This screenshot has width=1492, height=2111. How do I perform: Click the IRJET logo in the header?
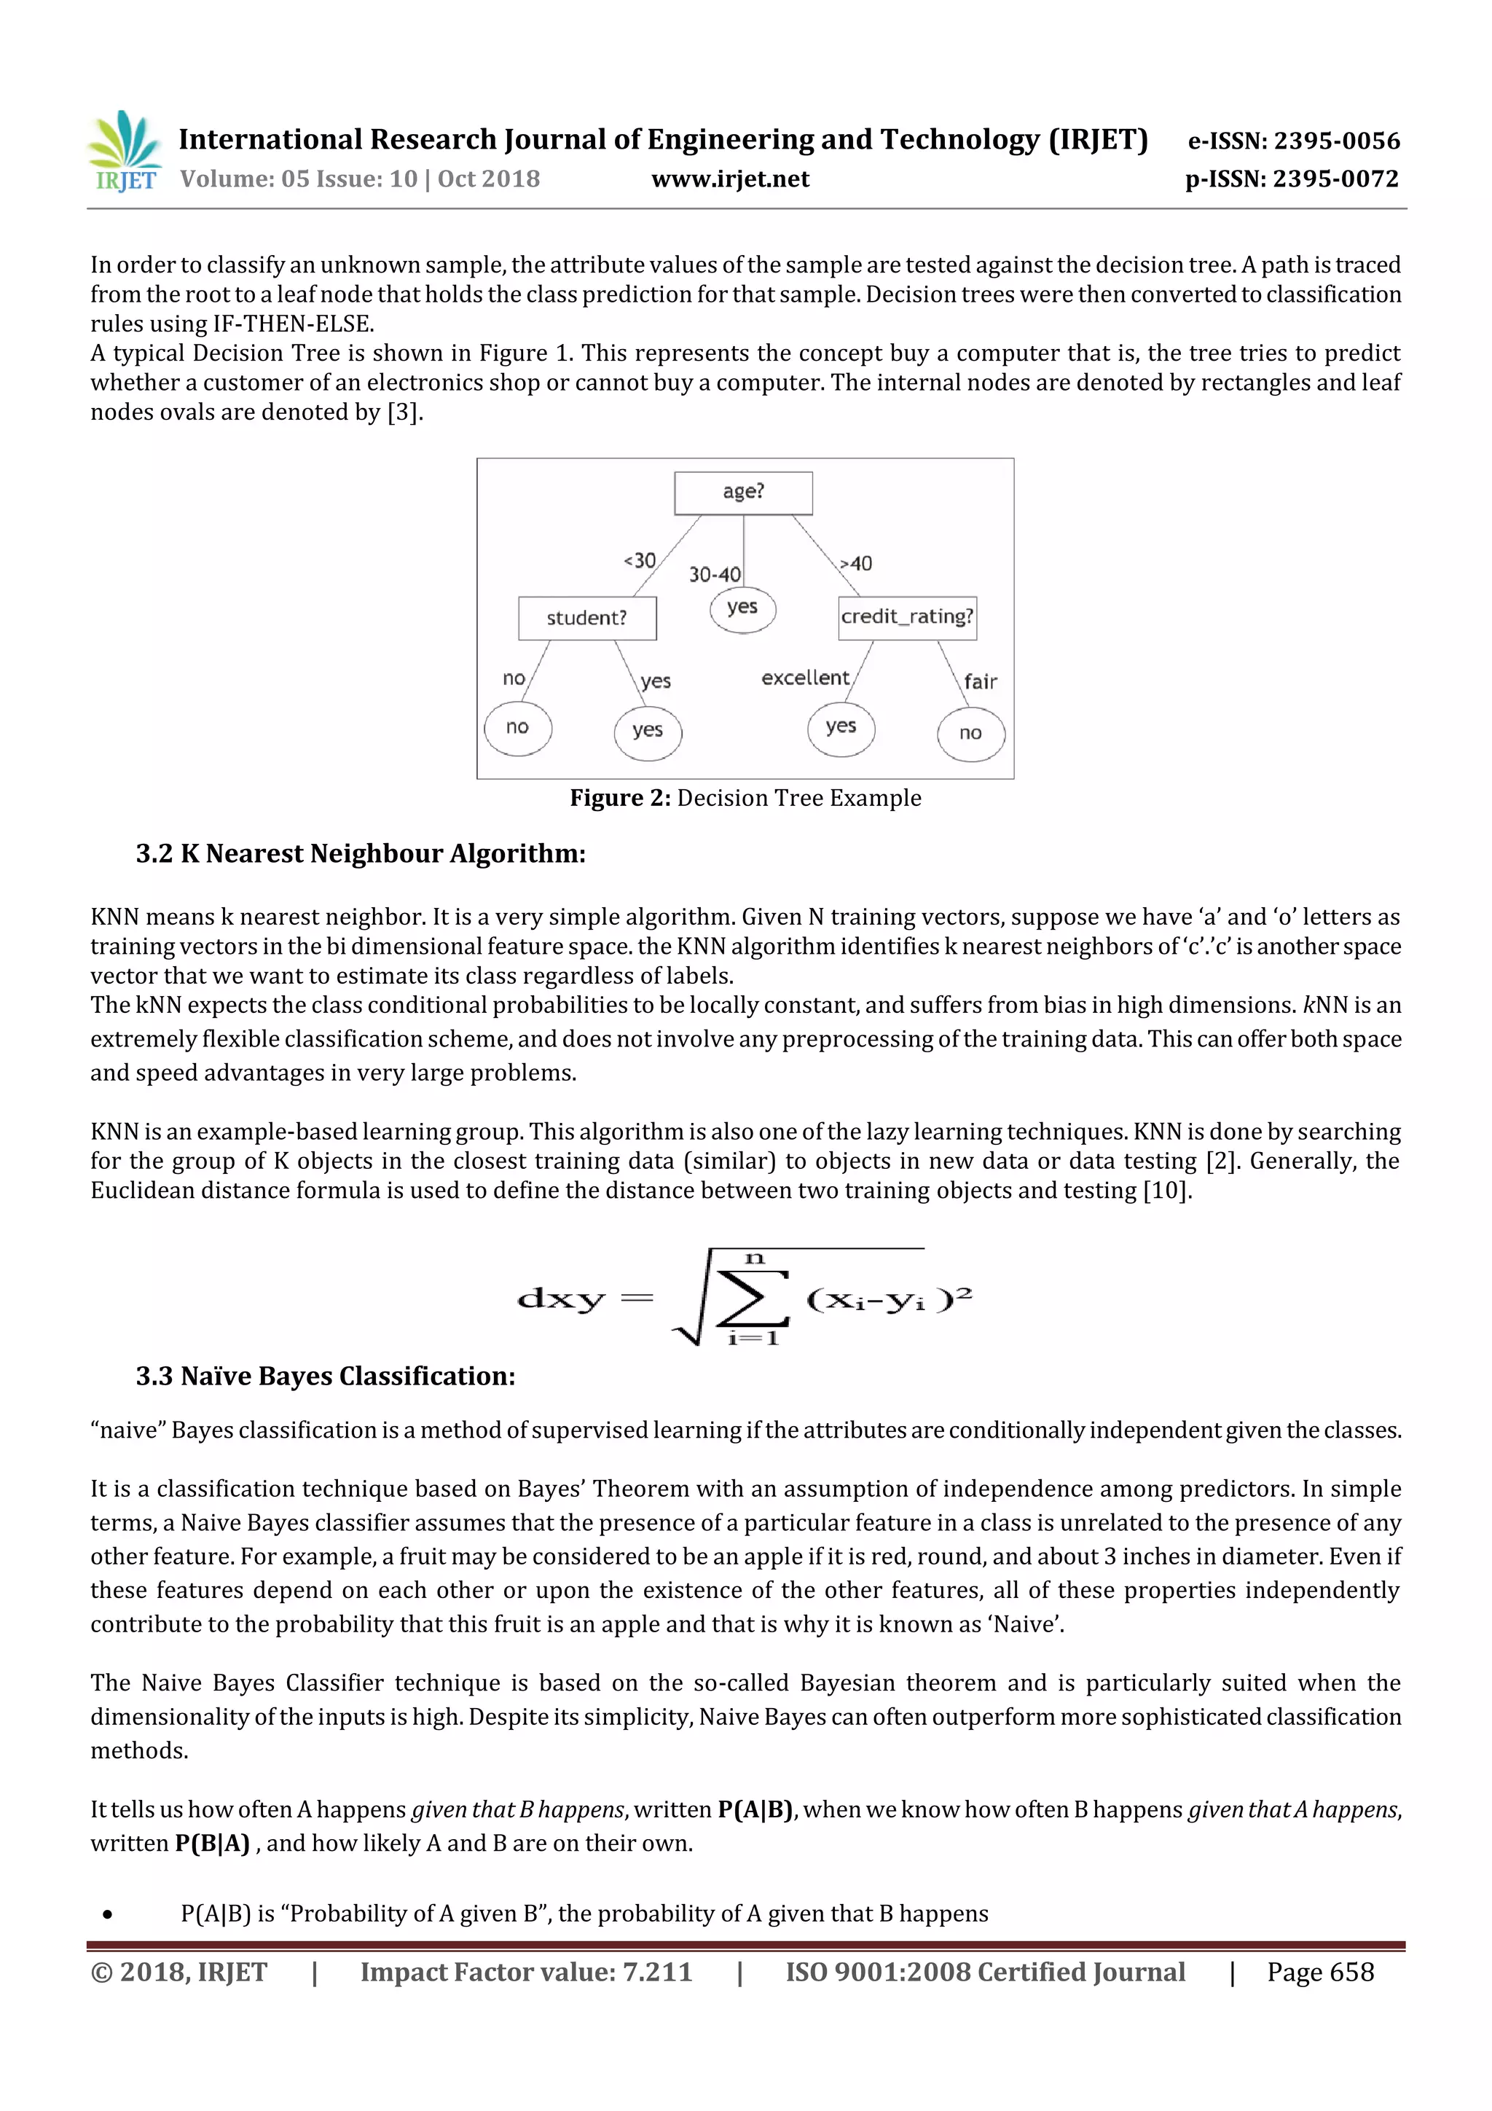click(124, 152)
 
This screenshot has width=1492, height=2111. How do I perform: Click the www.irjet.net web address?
click(730, 179)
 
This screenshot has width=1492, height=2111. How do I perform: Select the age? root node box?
click(743, 493)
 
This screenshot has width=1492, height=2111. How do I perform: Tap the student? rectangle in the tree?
click(586, 618)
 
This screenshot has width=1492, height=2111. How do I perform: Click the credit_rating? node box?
click(906, 617)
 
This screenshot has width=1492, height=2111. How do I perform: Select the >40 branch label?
click(856, 563)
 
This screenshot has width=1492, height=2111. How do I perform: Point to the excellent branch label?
click(804, 678)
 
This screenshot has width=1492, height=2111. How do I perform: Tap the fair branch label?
click(980, 682)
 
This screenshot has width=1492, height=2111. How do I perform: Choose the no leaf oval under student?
click(517, 728)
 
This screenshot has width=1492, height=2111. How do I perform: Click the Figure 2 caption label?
click(745, 798)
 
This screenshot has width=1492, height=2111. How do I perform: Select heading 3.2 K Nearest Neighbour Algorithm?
click(361, 854)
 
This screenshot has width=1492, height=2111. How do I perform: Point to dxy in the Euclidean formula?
click(561, 1299)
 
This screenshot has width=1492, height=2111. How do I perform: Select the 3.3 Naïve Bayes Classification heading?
click(326, 1376)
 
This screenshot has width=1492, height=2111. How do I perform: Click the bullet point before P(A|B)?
click(108, 1915)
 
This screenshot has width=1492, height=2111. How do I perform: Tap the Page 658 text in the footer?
click(1319, 1972)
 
